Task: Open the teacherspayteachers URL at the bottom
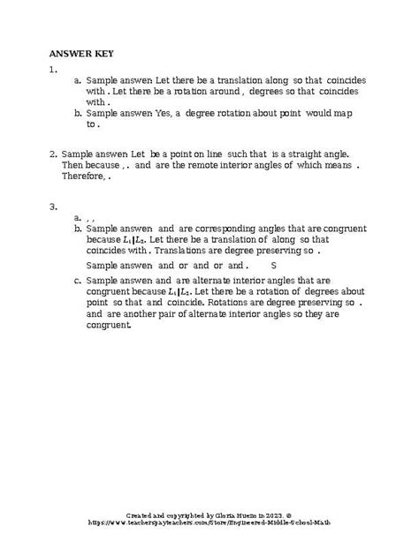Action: pyautogui.click(x=209, y=522)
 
